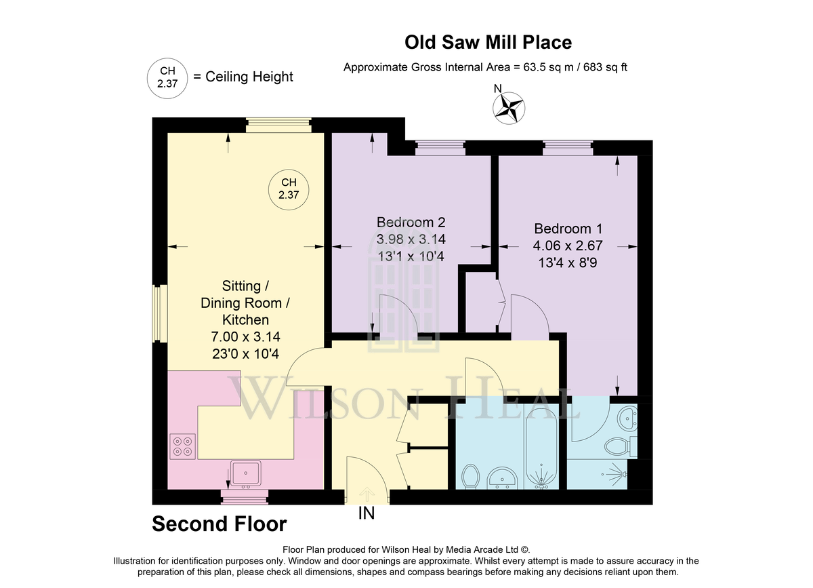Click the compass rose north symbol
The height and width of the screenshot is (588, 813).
tap(509, 108)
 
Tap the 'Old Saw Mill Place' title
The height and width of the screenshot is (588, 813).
tap(488, 42)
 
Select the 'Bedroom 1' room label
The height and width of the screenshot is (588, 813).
tap(568, 229)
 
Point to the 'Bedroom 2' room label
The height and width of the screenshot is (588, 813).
tap(411, 222)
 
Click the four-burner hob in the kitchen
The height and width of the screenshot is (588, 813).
tap(182, 446)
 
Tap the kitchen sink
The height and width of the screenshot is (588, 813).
tap(246, 473)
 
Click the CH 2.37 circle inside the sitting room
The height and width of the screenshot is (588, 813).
tap(289, 189)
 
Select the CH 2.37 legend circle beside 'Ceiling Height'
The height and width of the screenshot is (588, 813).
tap(167, 78)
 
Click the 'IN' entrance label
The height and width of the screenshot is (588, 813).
tap(367, 513)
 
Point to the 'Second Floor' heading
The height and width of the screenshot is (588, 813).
tap(220, 524)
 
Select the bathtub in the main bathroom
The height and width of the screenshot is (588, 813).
tap(541, 447)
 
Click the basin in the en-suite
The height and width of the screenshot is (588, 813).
tap(628, 418)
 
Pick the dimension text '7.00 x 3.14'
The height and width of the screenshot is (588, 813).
tap(246, 337)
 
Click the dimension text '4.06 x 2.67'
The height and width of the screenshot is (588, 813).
tap(568, 246)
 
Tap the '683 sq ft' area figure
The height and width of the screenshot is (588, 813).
tap(606, 67)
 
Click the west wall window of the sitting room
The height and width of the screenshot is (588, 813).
tap(160, 314)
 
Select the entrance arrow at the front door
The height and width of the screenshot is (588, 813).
tap(367, 494)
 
